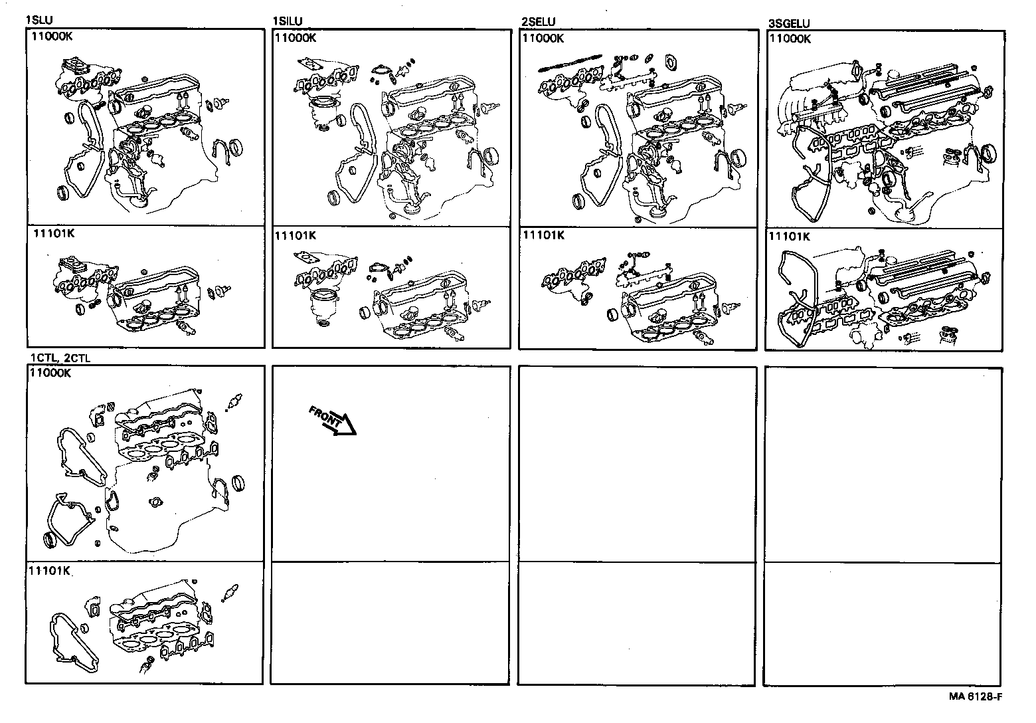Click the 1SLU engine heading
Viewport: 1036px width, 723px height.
click(39, 20)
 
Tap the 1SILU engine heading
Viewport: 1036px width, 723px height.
click(287, 21)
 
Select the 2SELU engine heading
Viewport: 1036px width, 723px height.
click(539, 22)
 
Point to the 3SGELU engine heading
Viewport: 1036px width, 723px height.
click(789, 23)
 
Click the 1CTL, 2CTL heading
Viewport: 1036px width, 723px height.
click(60, 358)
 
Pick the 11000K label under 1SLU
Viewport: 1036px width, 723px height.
click(52, 37)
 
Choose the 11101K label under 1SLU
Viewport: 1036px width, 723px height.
click(54, 233)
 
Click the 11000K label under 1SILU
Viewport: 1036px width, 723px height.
click(296, 38)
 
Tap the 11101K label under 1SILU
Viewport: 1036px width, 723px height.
click(296, 236)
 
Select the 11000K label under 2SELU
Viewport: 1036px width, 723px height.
click(543, 39)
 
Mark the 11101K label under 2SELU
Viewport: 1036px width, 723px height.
click(543, 236)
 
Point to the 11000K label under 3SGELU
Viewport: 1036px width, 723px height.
click(790, 39)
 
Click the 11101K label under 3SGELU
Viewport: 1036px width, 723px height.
click(790, 237)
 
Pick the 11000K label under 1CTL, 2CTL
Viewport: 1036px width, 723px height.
click(50, 373)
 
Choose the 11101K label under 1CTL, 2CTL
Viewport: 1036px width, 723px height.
click(50, 571)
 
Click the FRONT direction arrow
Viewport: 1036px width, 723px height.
click(332, 421)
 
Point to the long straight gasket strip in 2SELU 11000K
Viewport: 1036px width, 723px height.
click(570, 62)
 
